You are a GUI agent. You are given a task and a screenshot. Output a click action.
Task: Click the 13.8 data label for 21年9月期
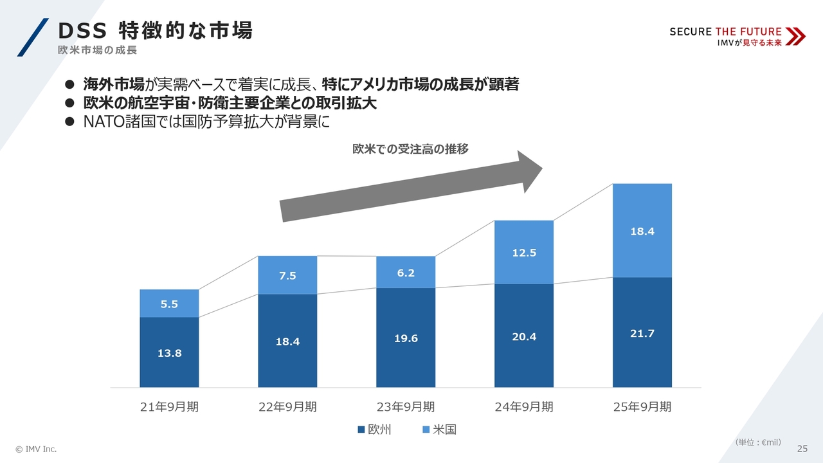coord(169,353)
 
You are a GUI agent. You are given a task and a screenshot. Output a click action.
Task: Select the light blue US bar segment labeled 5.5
coord(169,304)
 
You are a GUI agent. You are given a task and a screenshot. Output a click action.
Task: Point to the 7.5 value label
coord(287,276)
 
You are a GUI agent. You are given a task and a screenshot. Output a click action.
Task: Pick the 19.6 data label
coord(406,338)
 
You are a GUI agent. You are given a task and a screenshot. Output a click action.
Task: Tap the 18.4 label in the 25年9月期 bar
coord(642,232)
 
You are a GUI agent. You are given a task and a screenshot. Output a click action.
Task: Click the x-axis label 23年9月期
coord(406,407)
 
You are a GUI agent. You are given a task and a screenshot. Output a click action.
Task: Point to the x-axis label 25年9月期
coord(642,407)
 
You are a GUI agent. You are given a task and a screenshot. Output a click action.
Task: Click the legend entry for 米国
coord(439,430)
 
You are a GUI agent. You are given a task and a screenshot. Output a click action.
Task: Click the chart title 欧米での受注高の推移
coord(410,149)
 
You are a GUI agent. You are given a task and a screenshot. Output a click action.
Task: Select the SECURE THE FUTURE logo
coord(737,37)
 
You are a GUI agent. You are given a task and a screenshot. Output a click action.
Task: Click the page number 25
coord(802,448)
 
